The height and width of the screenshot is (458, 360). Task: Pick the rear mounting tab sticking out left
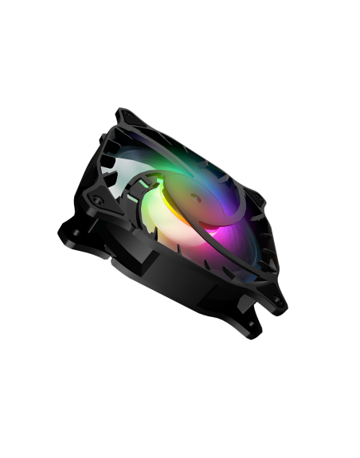(x=68, y=235)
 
